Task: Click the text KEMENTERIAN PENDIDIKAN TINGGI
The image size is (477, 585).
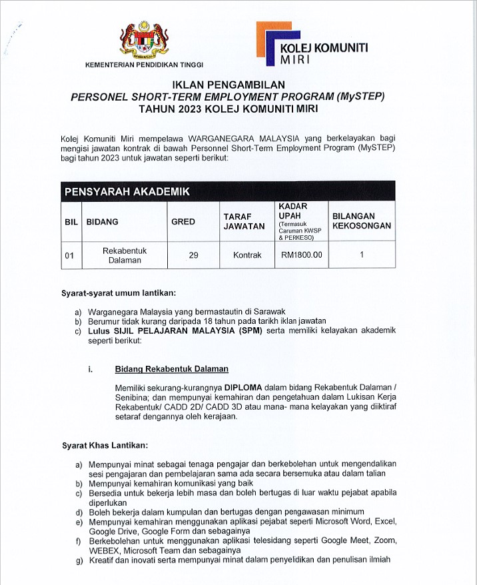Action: pos(145,65)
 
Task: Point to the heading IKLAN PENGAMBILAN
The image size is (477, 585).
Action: pos(228,85)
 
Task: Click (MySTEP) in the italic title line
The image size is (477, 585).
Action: pos(360,96)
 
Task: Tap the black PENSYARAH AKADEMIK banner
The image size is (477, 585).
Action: pos(228,192)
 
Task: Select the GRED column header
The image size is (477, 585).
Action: pos(183,221)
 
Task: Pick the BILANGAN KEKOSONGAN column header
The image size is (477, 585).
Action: pos(361,221)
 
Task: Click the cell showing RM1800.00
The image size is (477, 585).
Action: pos(301,255)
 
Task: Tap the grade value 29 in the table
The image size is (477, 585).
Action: pos(193,255)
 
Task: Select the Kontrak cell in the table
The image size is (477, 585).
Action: pos(247,255)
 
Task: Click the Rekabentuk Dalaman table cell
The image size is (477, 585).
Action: pos(125,255)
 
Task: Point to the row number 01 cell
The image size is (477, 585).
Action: pos(70,255)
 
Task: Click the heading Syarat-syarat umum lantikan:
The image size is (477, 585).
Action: pos(118,293)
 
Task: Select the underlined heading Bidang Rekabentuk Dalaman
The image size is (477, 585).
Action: pos(171,368)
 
